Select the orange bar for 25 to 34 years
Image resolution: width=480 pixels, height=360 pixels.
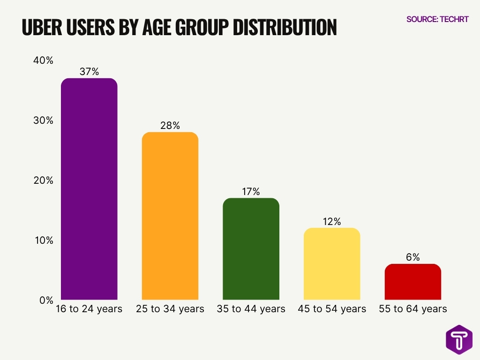[x=170, y=216]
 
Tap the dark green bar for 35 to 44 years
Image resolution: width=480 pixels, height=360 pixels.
[x=251, y=249]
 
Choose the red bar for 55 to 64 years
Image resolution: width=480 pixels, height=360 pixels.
[x=413, y=282]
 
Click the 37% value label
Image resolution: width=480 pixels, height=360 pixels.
[x=89, y=71]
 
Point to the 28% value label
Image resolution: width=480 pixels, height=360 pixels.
[x=170, y=126]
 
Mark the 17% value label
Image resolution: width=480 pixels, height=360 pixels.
[x=251, y=191]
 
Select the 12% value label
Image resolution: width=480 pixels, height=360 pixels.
[x=332, y=221]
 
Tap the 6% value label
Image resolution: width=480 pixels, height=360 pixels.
[x=413, y=257]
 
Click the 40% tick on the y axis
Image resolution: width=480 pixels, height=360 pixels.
[x=44, y=60]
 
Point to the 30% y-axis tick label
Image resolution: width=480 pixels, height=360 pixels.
[x=44, y=120]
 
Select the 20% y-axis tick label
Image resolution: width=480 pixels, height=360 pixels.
[x=44, y=180]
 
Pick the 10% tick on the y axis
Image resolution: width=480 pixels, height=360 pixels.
[x=44, y=240]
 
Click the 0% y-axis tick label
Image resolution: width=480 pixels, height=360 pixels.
[x=46, y=300]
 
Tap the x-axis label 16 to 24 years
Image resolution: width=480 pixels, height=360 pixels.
[x=89, y=309]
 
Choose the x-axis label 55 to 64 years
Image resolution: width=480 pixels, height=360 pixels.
[x=413, y=309]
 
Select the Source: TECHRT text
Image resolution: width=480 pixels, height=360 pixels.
[x=437, y=19]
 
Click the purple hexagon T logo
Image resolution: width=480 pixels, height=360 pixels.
[x=459, y=339]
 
